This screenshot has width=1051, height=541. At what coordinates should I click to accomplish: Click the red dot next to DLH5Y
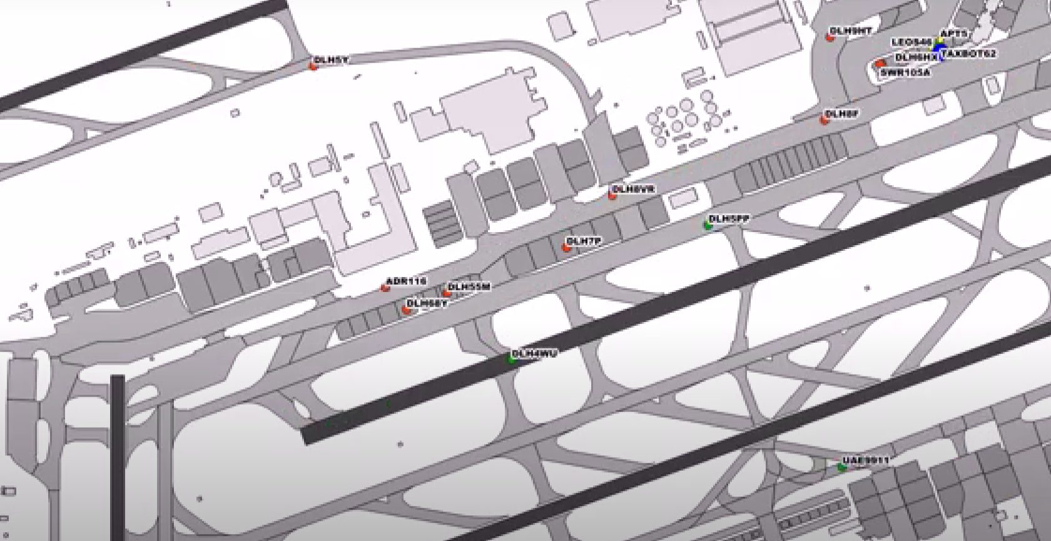313,64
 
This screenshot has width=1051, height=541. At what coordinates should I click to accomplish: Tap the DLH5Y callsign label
332,60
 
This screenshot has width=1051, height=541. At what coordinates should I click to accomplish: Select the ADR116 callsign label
406,281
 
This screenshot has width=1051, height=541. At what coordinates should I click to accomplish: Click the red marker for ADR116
385,288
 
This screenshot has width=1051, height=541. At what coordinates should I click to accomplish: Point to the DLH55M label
470,286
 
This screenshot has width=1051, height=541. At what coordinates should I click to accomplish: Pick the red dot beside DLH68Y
406,309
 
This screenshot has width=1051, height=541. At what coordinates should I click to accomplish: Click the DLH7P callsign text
583,241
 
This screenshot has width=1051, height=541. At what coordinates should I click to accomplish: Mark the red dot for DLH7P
566,248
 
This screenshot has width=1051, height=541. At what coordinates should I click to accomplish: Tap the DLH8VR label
633,188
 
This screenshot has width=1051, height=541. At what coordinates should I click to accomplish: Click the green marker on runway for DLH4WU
512,359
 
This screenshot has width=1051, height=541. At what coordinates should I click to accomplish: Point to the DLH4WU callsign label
534,354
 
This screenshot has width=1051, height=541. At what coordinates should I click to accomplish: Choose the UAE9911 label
866,461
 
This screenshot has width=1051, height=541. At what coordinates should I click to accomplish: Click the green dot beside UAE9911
842,467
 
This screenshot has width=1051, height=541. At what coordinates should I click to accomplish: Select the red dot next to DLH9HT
830,38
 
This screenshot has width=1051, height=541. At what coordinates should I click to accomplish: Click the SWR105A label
905,73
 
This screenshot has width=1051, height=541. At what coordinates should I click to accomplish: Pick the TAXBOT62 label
969,54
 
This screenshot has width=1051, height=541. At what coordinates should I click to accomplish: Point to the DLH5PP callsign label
729,218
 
